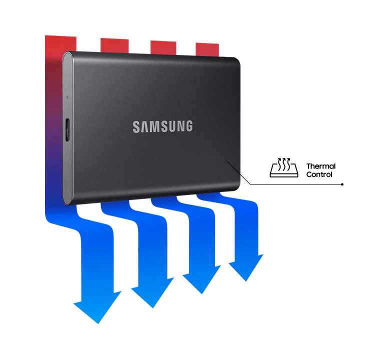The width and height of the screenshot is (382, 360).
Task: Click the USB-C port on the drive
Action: pyautogui.click(x=67, y=130)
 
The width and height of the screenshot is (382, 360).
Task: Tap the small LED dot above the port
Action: pyautogui.click(x=67, y=97)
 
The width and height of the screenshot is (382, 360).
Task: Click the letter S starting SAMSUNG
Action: pyautogui.click(x=136, y=126)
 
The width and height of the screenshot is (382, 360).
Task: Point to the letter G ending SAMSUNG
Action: pyautogui.click(x=188, y=126)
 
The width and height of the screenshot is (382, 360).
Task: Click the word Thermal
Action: pyautogui.click(x=321, y=166)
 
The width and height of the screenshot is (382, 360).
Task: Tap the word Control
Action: pyautogui.click(x=319, y=174)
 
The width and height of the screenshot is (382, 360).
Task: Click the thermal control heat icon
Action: pyautogui.click(x=284, y=167)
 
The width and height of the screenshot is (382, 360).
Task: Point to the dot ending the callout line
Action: pyautogui.click(x=342, y=184)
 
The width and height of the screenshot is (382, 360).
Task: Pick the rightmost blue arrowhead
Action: pyautogui.click(x=246, y=268)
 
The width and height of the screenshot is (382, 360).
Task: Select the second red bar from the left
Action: pyautogui.click(x=114, y=45)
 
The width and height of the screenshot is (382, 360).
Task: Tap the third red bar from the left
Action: pyautogui.click(x=163, y=47)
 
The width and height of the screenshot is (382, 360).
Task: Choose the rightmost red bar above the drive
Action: pyautogui.click(x=207, y=49)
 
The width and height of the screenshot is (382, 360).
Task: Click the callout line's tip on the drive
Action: pyautogui.click(x=227, y=160)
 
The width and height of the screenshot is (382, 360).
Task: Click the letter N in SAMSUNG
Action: pyautogui.click(x=180, y=126)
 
